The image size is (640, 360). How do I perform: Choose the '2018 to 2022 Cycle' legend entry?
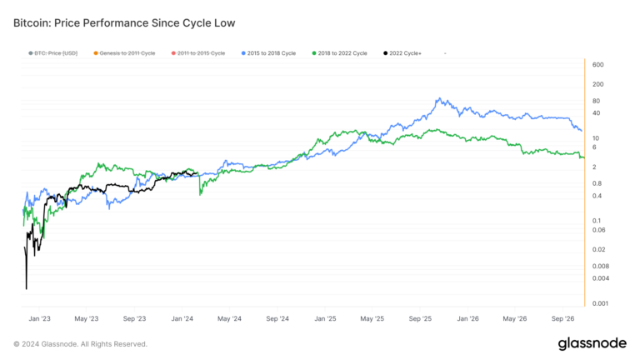(341, 53)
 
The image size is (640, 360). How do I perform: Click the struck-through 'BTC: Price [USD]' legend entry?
(53, 53)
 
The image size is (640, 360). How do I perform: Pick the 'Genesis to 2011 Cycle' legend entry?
(124, 53)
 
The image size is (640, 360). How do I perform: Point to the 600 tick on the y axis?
(597, 65)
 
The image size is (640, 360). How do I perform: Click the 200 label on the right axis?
(597, 84)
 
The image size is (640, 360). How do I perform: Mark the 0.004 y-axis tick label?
(600, 278)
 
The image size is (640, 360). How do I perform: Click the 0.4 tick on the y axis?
(597, 196)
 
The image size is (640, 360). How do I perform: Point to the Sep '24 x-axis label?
(278, 318)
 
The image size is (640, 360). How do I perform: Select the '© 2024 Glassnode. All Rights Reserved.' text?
(81, 343)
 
